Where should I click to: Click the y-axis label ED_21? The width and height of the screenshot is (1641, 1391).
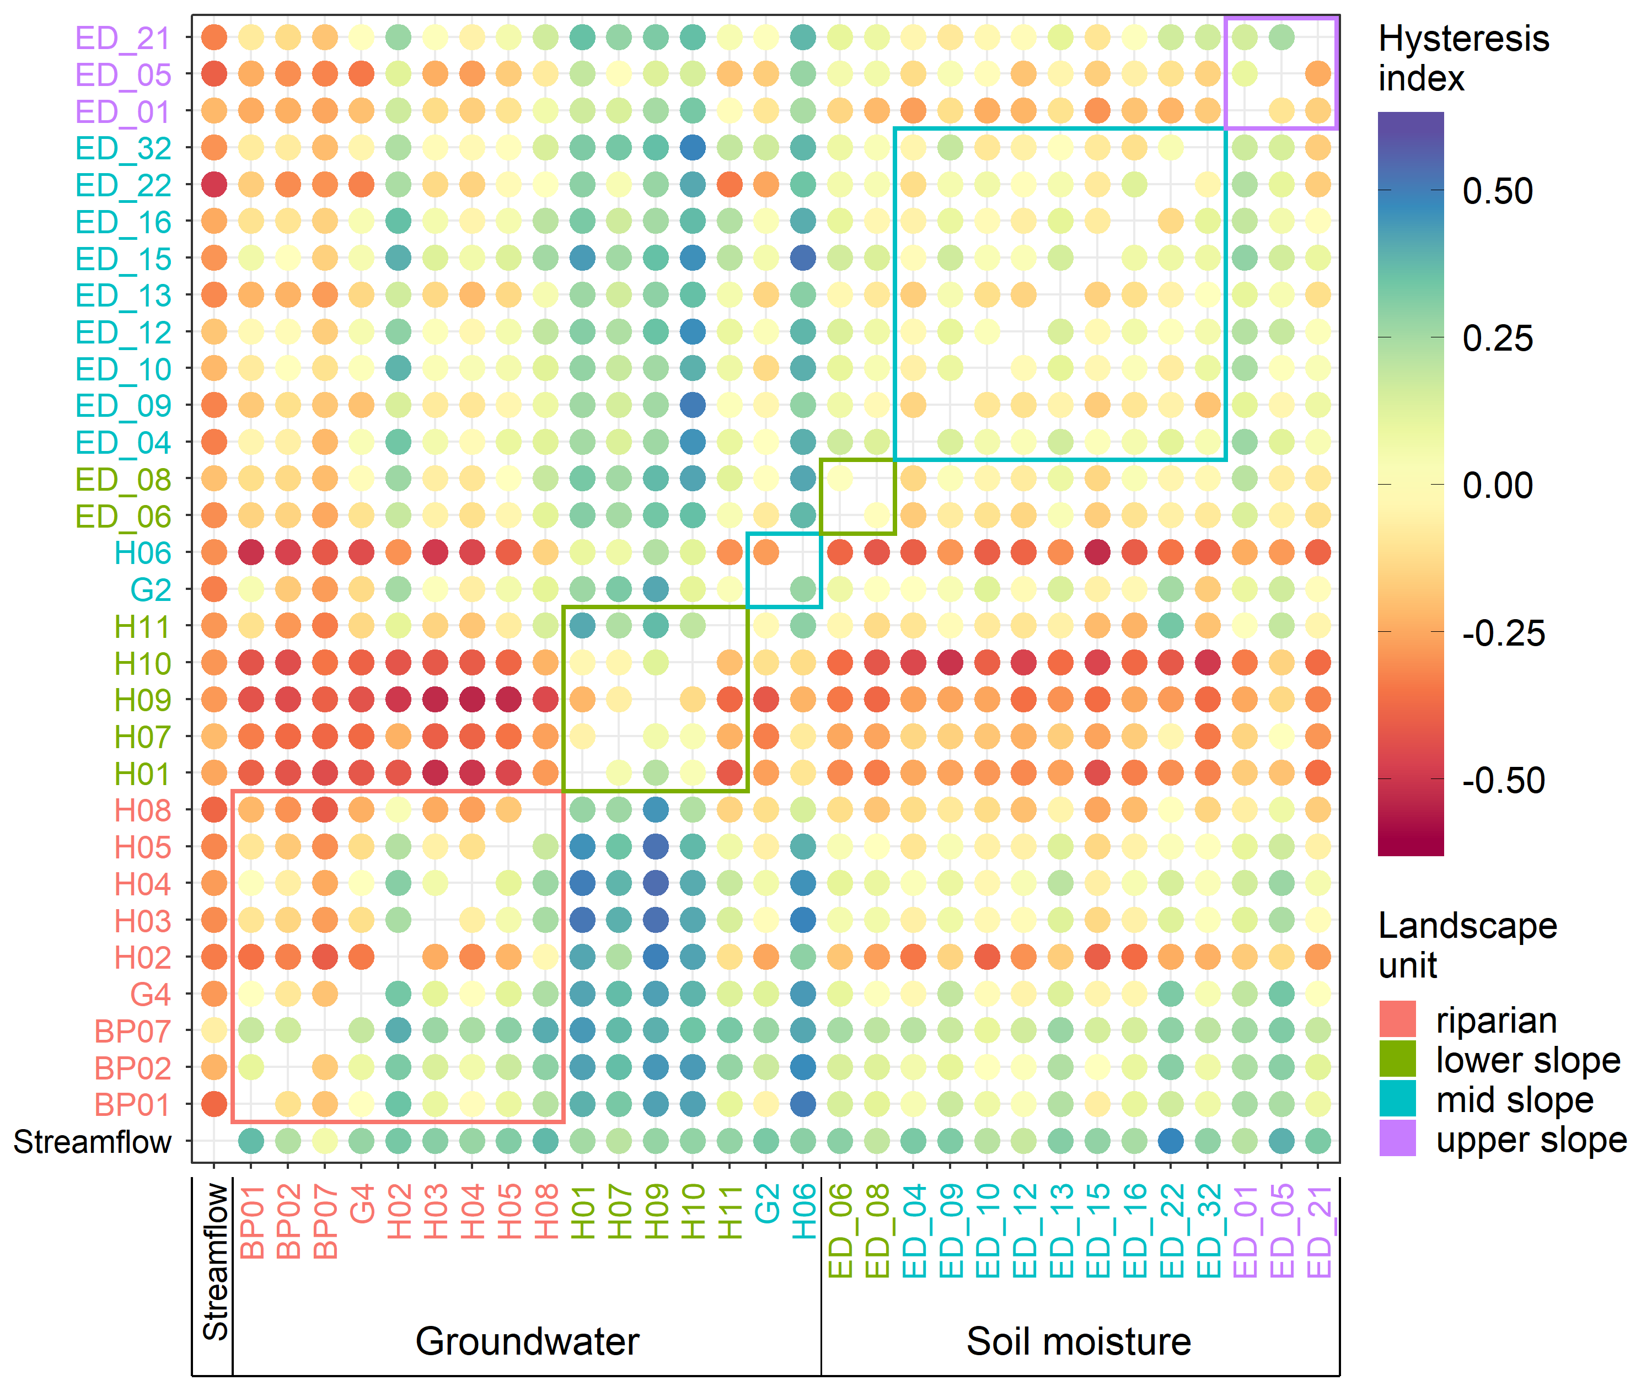[x=122, y=38]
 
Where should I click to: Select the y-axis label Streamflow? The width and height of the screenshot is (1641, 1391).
[x=92, y=1142]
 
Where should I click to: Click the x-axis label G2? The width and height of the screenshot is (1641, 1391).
[x=766, y=1204]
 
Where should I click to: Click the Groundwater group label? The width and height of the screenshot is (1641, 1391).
[x=527, y=1341]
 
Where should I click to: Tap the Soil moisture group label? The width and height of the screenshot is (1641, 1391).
[x=1079, y=1341]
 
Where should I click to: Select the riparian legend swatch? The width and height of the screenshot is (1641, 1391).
[x=1397, y=1019]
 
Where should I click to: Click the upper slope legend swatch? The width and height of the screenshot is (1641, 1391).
[x=1397, y=1138]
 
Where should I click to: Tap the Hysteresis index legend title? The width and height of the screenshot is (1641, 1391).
[x=1463, y=58]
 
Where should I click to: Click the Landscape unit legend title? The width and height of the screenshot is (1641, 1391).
[x=1467, y=944]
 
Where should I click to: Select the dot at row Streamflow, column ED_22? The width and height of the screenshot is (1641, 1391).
[x=1171, y=1141]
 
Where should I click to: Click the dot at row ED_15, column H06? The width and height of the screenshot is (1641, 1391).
[x=803, y=258]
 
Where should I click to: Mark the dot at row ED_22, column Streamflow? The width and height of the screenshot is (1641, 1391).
[x=214, y=185]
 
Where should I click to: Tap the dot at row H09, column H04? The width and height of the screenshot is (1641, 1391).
[x=471, y=700]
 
